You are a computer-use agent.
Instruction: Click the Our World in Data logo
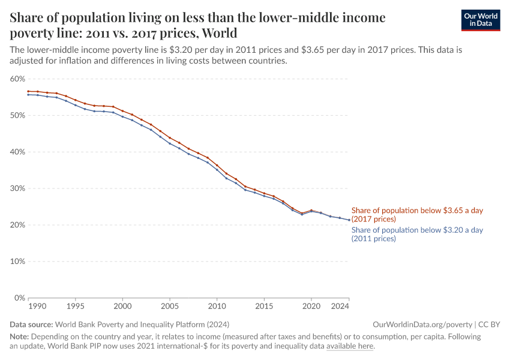pos(480,20)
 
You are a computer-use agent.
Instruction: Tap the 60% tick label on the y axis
pos(17,79)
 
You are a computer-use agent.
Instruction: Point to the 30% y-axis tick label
pos(17,188)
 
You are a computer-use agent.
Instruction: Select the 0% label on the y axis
pos(19,298)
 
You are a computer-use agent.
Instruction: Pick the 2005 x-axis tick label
pos(170,307)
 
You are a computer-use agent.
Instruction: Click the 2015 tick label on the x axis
pos(264,307)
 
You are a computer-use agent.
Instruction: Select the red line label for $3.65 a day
pos(417,215)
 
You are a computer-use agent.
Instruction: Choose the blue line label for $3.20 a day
pos(417,234)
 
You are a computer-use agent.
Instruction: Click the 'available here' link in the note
pos(350,346)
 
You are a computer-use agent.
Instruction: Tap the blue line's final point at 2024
pos(349,220)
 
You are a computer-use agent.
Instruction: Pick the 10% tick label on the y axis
pos(17,262)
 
